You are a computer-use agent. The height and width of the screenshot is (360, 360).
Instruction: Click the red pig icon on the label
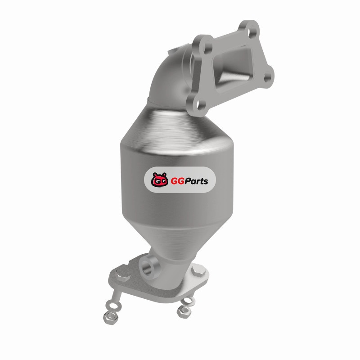[x=159, y=180]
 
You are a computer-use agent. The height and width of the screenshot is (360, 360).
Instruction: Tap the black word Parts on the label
[x=196, y=181]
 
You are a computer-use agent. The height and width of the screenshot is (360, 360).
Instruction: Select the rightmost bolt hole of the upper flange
[x=266, y=77]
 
